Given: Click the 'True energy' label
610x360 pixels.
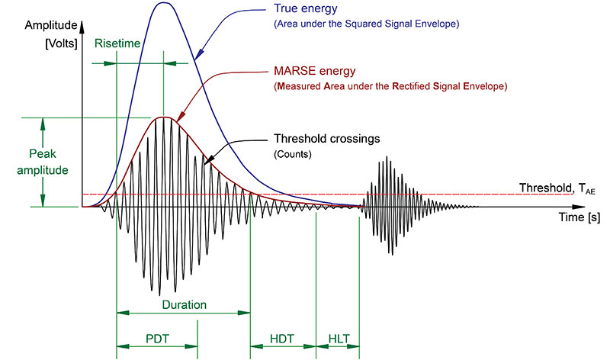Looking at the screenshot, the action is coord(306,9).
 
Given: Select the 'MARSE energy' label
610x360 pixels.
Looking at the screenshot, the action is coord(315,71).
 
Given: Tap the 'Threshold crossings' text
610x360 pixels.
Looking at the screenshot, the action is coord(327,139).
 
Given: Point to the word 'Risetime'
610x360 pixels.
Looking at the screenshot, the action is coord(117,43).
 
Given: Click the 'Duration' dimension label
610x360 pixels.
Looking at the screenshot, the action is coord(184,304).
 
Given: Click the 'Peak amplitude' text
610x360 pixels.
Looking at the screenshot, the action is coord(43,162).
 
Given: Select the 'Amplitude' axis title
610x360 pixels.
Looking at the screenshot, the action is coord(51,25).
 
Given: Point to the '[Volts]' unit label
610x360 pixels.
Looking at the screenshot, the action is coord(61,43).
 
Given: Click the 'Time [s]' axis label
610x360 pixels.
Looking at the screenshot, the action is coord(579,217).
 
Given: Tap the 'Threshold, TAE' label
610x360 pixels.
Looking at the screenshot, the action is coord(557,188).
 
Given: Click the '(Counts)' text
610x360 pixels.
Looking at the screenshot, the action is coord(293,154).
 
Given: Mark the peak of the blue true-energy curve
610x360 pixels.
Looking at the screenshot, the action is coord(163,3).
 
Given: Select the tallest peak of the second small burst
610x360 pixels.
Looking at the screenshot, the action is coord(387,157).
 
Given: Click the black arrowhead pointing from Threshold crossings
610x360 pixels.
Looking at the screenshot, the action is coord(209,159).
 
